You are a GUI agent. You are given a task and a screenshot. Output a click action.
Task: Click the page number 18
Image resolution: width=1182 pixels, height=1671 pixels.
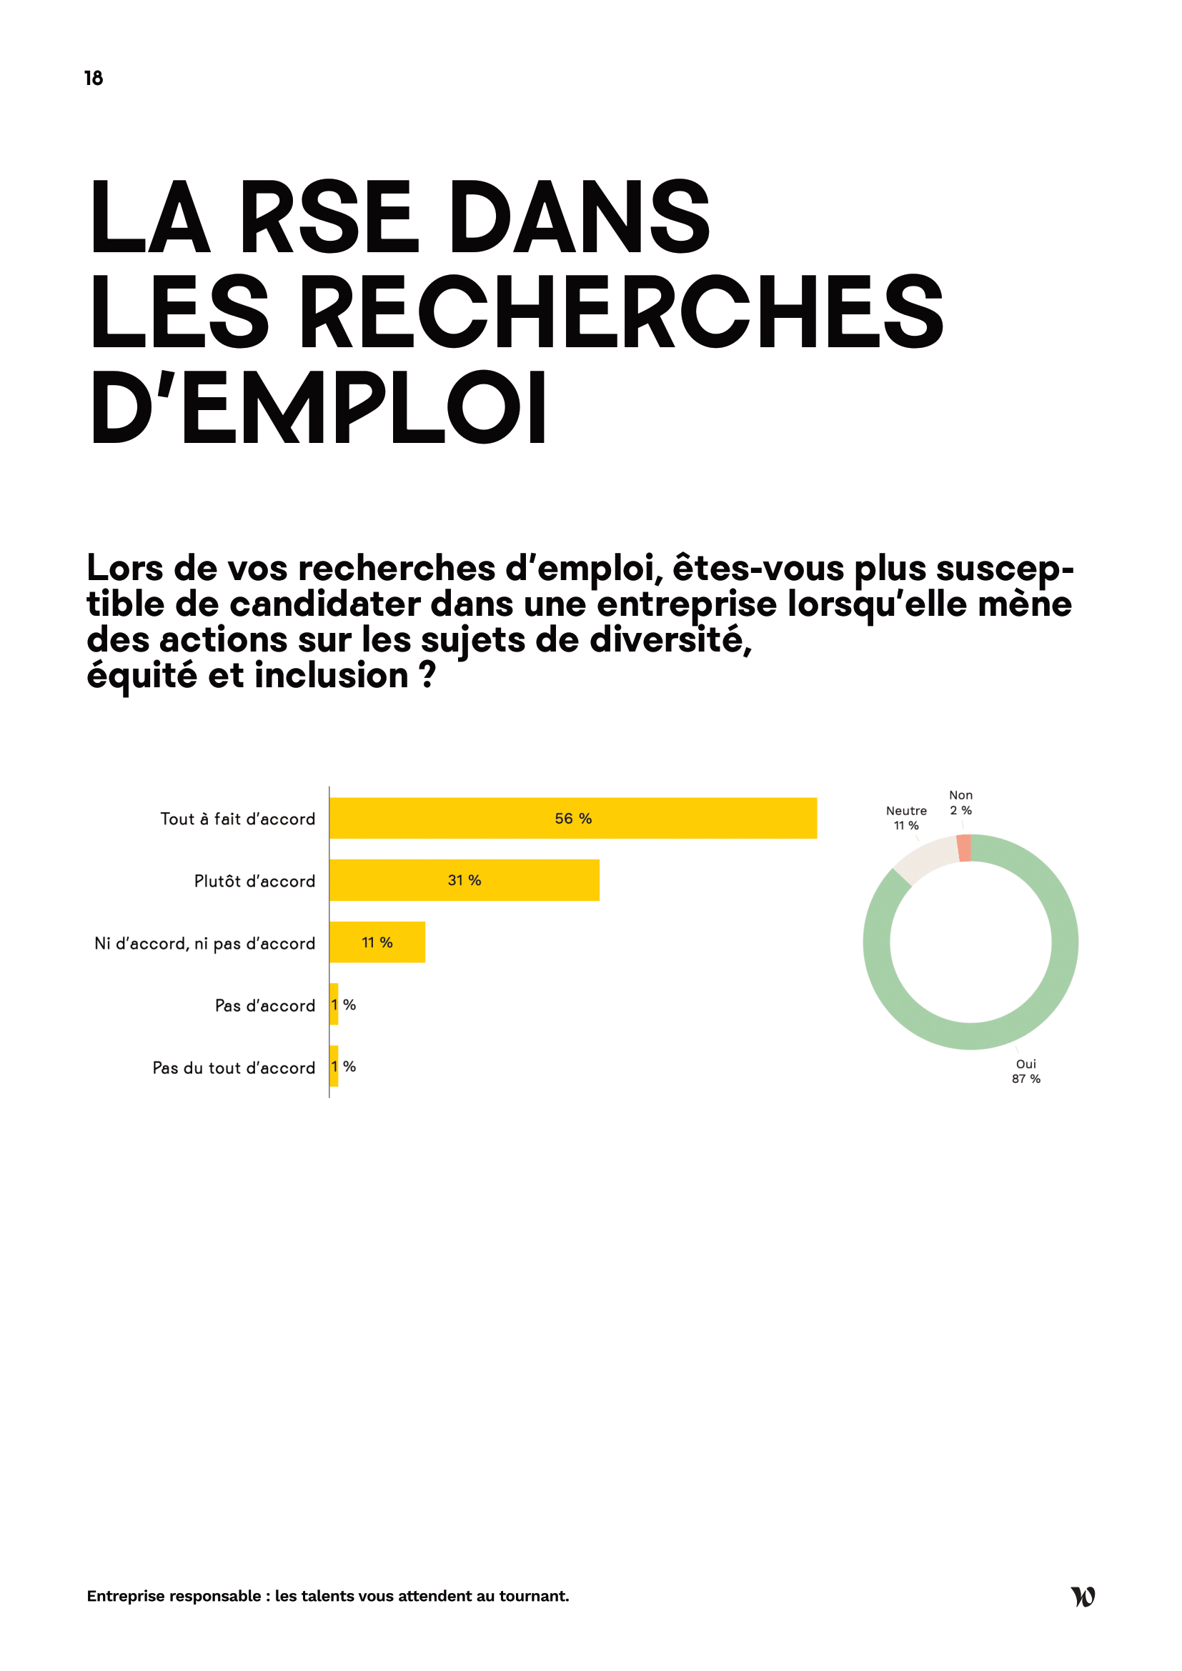(93, 78)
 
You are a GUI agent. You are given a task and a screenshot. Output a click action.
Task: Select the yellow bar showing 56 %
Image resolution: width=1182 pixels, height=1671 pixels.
(573, 818)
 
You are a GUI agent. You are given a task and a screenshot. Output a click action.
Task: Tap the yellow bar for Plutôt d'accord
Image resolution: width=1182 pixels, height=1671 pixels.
(465, 880)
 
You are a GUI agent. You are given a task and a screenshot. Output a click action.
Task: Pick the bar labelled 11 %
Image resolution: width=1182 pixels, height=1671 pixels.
(377, 942)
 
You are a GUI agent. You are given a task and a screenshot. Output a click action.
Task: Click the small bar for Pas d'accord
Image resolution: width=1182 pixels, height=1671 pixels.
(334, 1004)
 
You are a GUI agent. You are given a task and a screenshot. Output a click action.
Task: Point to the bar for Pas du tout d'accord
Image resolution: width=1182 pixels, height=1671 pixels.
(334, 1066)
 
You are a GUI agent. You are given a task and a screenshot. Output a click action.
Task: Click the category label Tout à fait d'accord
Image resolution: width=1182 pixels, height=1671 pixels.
(237, 819)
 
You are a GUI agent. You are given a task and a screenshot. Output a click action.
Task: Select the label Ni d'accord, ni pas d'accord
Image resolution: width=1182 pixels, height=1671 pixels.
(204, 943)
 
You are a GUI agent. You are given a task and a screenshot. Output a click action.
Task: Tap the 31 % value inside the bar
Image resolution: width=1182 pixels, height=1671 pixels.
(465, 880)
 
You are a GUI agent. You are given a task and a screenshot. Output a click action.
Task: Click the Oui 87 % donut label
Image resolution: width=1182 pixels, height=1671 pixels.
(1025, 1072)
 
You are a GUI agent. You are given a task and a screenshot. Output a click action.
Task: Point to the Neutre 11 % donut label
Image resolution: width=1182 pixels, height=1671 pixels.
(906, 818)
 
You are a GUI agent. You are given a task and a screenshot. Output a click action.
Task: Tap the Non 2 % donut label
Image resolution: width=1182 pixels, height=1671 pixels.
(960, 803)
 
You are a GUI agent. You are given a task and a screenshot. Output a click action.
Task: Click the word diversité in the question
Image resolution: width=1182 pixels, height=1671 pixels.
(670, 639)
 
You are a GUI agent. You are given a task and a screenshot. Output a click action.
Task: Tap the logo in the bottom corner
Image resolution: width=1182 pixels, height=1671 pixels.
(1083, 1596)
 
